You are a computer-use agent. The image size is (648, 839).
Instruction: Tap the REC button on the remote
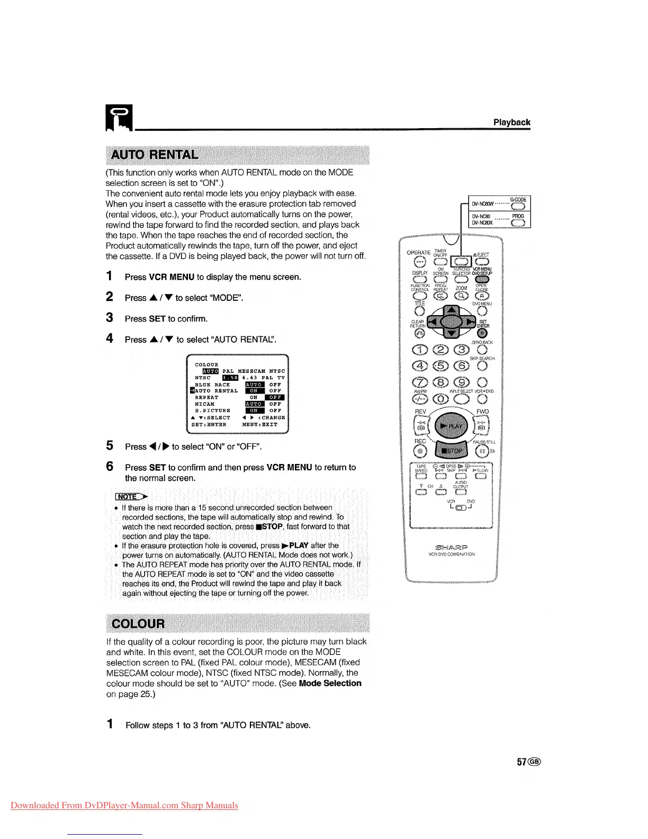(x=421, y=451)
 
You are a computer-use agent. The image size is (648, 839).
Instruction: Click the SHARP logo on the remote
(x=451, y=547)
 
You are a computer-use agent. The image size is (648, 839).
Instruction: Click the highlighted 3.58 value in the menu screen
(x=230, y=378)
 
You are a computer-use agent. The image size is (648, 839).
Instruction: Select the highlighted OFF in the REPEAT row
(x=275, y=397)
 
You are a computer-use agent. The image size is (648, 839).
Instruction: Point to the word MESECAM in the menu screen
(x=251, y=371)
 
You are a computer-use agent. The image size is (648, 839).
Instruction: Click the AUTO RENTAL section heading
(x=154, y=155)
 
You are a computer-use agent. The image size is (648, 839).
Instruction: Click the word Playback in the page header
(x=511, y=122)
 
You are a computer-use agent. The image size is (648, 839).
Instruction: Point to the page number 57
(x=523, y=762)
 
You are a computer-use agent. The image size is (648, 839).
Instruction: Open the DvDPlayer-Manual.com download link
(x=124, y=805)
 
